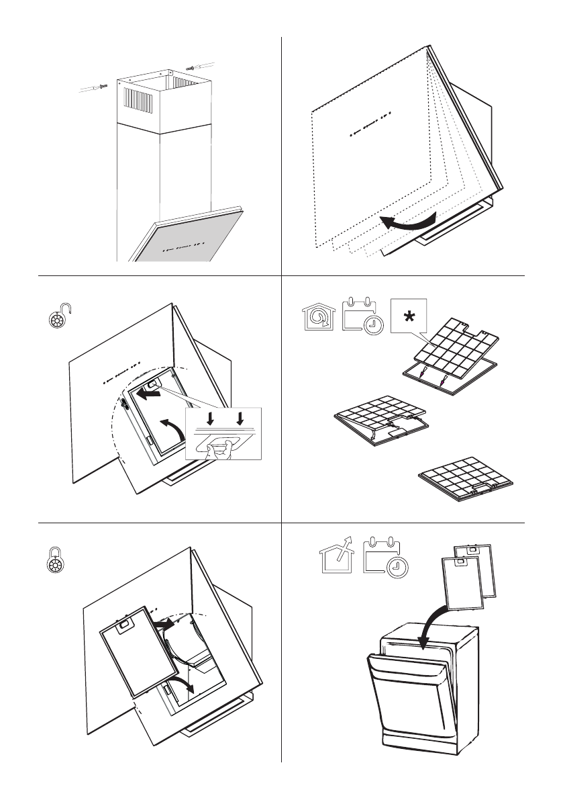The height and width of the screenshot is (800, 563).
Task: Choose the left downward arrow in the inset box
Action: (209, 417)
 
